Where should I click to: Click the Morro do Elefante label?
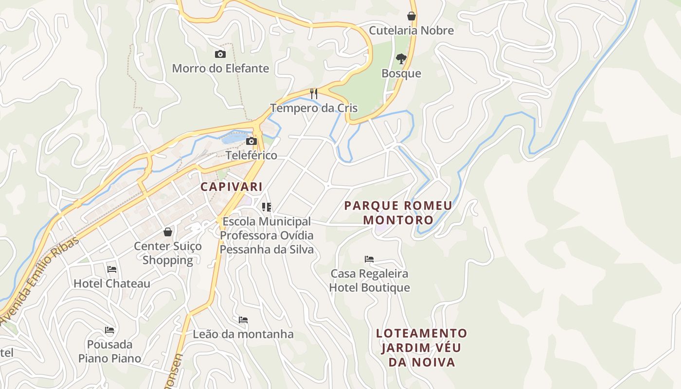click(x=220, y=69)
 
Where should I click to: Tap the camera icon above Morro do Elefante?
click(x=220, y=54)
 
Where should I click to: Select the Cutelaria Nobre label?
click(x=411, y=31)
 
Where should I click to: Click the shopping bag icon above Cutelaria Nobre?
click(x=412, y=16)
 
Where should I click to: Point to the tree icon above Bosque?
click(x=401, y=59)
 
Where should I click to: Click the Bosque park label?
click(x=401, y=73)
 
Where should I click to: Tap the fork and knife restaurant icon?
click(x=314, y=93)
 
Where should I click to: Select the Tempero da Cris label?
click(x=314, y=108)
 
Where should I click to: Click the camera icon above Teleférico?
click(x=251, y=141)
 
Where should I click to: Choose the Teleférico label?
click(x=251, y=156)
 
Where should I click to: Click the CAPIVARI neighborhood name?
click(x=232, y=187)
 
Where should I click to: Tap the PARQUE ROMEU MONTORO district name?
click(x=398, y=212)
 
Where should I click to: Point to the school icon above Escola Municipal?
click(x=266, y=207)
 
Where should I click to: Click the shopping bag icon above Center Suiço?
click(x=168, y=232)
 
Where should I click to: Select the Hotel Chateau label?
click(x=112, y=283)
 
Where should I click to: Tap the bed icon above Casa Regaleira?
click(x=369, y=259)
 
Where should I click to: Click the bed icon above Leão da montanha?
click(x=243, y=320)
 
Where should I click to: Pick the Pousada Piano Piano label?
click(x=110, y=352)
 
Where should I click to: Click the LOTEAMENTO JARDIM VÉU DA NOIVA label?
click(x=421, y=348)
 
